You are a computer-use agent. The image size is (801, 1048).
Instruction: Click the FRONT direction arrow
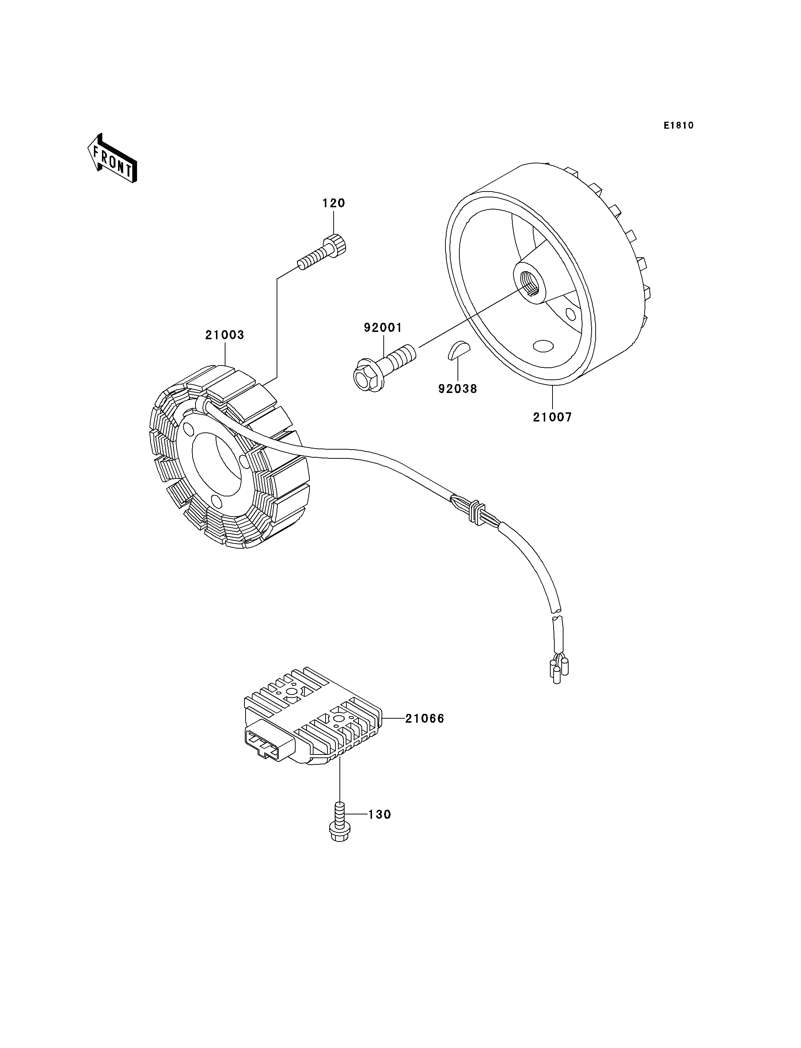[x=113, y=158]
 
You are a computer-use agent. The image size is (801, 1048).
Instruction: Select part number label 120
[x=333, y=203]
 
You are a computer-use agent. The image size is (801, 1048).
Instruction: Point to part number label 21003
[x=225, y=335]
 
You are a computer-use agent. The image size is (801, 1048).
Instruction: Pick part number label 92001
[x=383, y=328]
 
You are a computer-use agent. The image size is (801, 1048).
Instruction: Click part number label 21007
[x=552, y=417]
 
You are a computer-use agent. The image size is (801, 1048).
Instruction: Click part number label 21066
[x=424, y=732]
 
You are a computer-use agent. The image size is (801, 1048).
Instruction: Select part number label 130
[x=380, y=814]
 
